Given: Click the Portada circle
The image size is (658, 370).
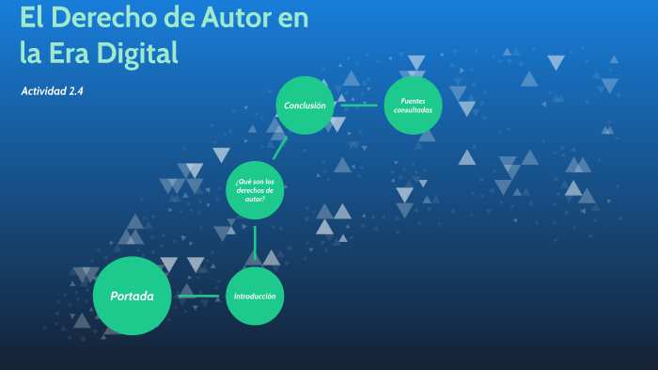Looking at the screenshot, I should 132,296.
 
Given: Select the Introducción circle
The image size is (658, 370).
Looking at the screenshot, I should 255,296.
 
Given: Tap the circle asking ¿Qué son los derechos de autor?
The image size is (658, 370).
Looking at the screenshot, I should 255,190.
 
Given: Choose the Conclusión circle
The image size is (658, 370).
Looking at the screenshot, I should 305,105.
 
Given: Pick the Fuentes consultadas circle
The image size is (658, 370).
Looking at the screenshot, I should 414,105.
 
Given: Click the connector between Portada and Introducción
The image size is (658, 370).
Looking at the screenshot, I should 197,296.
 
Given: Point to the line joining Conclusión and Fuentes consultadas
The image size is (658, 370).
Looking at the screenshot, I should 358,105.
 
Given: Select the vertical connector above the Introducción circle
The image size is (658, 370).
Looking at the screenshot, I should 255,243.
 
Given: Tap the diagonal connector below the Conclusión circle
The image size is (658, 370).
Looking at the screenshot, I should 279,148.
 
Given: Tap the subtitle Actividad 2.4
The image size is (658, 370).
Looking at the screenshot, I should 53,91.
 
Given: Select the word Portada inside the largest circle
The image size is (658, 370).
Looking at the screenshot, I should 132,296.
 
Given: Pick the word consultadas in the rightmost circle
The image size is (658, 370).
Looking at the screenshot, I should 414,110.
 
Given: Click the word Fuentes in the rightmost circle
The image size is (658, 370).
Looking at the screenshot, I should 414,100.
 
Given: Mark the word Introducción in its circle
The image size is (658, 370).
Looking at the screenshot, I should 255,296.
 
